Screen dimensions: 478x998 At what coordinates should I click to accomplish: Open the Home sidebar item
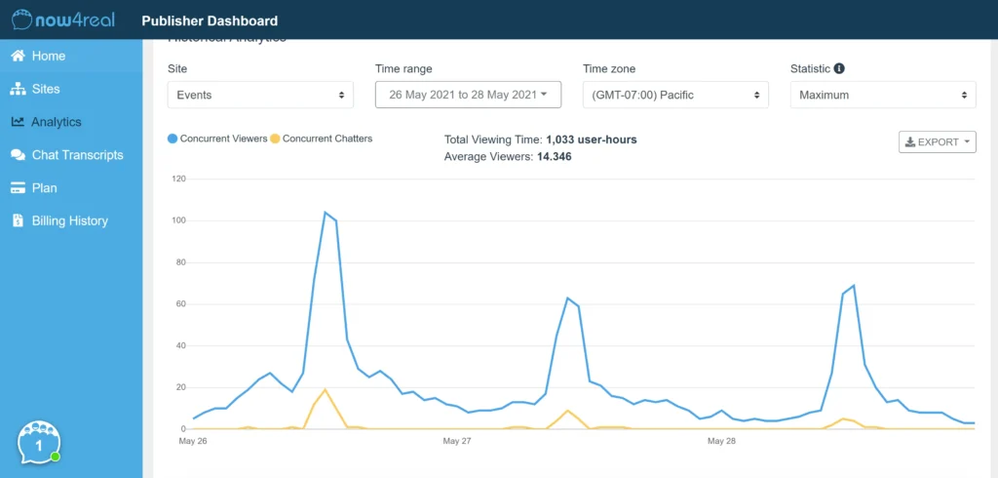[x=48, y=56]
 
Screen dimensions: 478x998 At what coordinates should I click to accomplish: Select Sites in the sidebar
[x=45, y=89]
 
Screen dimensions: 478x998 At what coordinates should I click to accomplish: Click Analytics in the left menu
[x=56, y=122]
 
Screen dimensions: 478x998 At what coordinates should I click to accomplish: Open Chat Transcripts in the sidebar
[x=77, y=155]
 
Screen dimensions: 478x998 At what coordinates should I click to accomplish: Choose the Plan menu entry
[x=44, y=187]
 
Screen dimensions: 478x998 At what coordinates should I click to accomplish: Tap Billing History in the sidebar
[x=69, y=220]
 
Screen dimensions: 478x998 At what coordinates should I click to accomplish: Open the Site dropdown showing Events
[x=260, y=95]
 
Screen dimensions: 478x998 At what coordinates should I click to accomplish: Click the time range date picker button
[x=468, y=95]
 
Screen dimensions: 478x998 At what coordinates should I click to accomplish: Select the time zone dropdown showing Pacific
[x=675, y=95]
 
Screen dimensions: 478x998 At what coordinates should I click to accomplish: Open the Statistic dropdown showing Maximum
[x=883, y=95]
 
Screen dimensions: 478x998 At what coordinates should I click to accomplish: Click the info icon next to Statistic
[x=839, y=69]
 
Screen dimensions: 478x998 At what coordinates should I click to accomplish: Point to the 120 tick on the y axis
[x=178, y=179]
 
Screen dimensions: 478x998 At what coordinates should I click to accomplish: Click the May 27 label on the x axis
[x=457, y=441]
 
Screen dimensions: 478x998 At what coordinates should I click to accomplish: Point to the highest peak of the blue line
[x=325, y=213]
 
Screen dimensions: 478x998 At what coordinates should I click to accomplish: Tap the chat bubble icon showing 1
[x=39, y=443]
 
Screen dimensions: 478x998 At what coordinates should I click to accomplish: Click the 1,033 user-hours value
[x=591, y=139]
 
